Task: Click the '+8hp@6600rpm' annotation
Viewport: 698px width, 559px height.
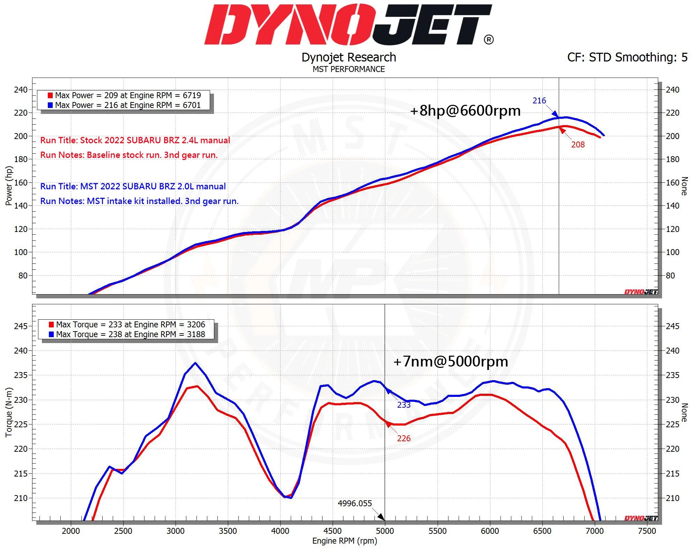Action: [465, 111]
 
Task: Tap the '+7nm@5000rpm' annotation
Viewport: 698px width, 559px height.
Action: [451, 362]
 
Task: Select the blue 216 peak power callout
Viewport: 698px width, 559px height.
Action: [539, 101]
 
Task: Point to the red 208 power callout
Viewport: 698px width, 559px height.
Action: [578, 145]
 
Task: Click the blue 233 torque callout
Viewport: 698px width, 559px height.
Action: [404, 405]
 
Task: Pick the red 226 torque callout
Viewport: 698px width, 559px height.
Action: [404, 438]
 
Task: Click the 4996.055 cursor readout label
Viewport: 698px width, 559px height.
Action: [355, 503]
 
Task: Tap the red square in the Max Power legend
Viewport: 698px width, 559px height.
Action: [50, 95]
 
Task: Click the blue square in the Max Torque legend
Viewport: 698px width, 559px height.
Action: [51, 334]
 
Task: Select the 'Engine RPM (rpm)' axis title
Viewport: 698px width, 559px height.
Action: [344, 541]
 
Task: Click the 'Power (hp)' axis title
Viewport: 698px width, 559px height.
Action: [9, 186]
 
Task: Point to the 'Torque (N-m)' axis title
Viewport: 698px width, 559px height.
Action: [9, 412]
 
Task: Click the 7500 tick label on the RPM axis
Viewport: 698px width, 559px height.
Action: [647, 531]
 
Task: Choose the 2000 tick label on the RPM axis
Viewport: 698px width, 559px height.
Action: [70, 531]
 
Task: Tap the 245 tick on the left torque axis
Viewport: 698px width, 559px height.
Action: [21, 326]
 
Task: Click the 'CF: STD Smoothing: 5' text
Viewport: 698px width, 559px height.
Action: [627, 57]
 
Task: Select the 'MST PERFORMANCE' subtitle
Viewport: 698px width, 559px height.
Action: [349, 69]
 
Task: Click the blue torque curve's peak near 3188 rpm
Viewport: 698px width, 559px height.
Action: [195, 363]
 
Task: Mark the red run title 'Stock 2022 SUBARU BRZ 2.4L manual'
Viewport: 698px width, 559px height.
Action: [135, 140]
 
